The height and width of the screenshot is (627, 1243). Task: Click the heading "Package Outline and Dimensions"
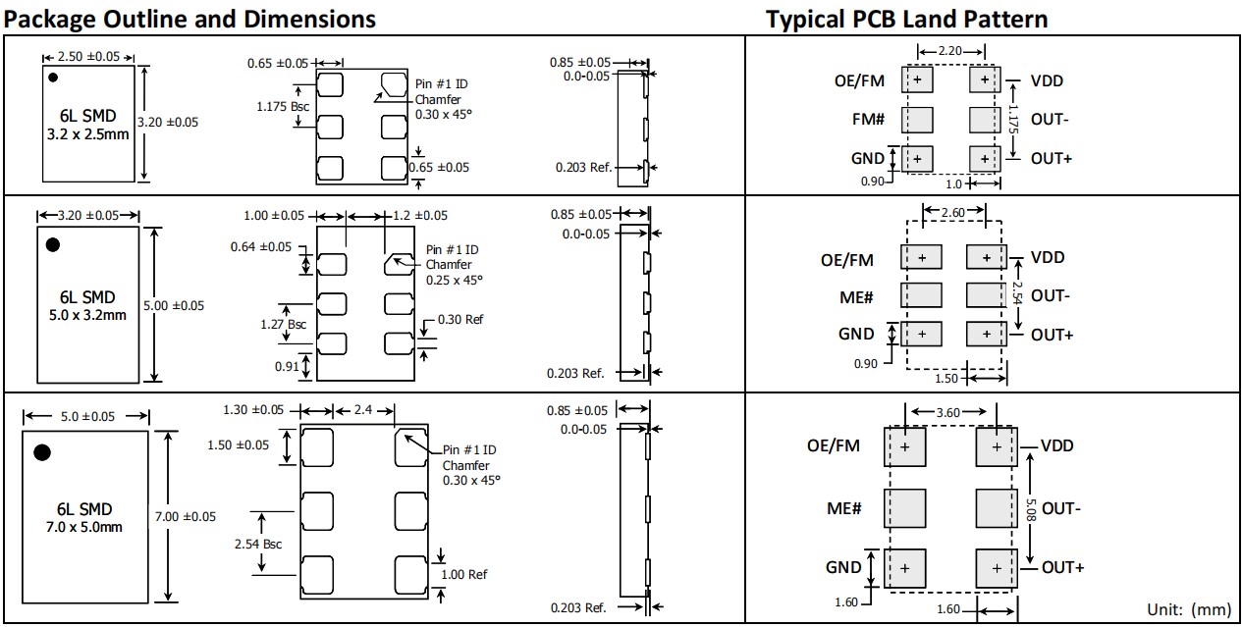pyautogui.click(x=190, y=18)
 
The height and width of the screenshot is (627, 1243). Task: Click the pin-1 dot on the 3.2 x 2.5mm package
pyautogui.click(x=53, y=76)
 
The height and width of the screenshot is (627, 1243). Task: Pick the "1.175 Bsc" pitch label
pyautogui.click(x=283, y=107)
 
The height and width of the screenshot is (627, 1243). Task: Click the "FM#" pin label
pyautogui.click(x=868, y=120)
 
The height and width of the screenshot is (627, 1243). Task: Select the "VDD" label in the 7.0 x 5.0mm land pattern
pyautogui.click(x=1057, y=445)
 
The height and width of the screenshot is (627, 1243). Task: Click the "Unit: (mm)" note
pyautogui.click(x=1188, y=609)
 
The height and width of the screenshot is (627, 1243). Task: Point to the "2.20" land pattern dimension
pyautogui.click(x=949, y=51)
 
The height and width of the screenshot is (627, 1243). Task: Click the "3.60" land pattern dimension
pyautogui.click(x=947, y=412)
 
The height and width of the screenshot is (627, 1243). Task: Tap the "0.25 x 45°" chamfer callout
pyautogui.click(x=455, y=280)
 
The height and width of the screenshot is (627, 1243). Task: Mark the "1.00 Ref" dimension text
pyautogui.click(x=464, y=574)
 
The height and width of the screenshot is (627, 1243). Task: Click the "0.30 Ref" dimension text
pyautogui.click(x=460, y=319)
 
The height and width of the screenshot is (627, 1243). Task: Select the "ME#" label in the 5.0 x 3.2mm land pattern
pyautogui.click(x=855, y=296)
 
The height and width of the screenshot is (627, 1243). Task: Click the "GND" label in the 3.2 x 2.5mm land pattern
pyautogui.click(x=868, y=158)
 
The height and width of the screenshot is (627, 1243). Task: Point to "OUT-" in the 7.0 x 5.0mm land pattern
pyautogui.click(x=1061, y=508)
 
